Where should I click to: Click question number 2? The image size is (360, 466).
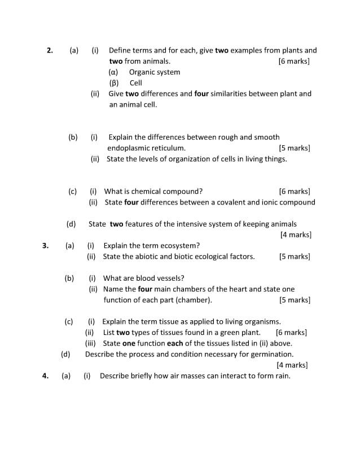pyautogui.click(x=50, y=50)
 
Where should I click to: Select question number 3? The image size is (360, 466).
pyautogui.click(x=45, y=246)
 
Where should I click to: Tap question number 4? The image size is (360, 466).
pyautogui.click(x=45, y=376)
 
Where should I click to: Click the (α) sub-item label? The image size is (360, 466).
pyautogui.click(x=113, y=72)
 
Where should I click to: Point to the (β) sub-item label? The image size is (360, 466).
pyautogui.click(x=113, y=83)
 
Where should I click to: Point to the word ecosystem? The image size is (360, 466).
pyautogui.click(x=178, y=246)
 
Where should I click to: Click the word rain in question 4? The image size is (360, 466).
pyautogui.click(x=282, y=376)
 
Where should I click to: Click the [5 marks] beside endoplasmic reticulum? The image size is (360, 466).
pyautogui.click(x=295, y=148)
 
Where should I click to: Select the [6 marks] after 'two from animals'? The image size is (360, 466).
pyautogui.click(x=294, y=61)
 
